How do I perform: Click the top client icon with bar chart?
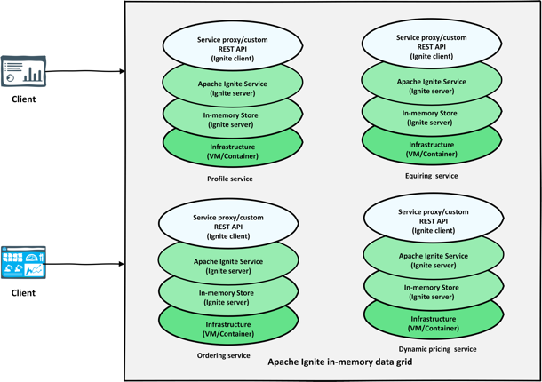tap(23, 72)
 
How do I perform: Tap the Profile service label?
tap(229, 179)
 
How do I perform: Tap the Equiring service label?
tap(430, 176)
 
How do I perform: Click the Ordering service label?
tap(223, 355)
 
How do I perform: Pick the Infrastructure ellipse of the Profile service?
tap(233, 152)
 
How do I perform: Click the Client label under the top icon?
tap(23, 99)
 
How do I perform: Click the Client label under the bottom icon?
tap(23, 291)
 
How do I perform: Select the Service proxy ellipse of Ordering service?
tap(227, 227)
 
